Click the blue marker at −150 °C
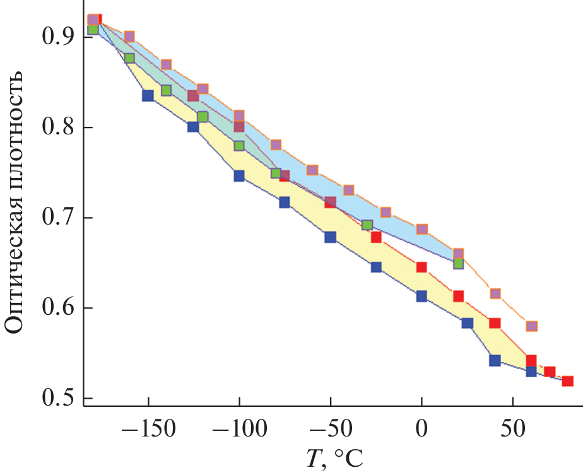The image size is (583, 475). coord(148,96)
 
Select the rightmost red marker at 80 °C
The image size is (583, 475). coord(567,381)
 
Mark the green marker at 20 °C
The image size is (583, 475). coord(459,264)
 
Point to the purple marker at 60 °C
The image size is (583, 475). coord(531,326)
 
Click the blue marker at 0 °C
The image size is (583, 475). coord(421,296)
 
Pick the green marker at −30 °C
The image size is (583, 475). coord(367,225)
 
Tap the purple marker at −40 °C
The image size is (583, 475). coord(349,190)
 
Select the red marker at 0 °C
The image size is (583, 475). coord(421,267)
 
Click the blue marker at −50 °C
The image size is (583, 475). coord(330,237)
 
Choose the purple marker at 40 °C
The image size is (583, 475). coord(495,293)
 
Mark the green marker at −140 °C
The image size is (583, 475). coord(166,90)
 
